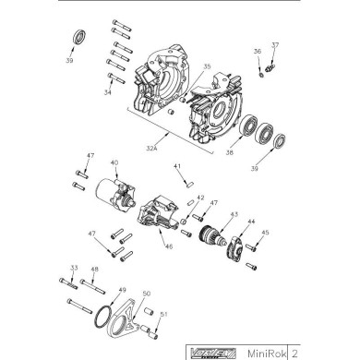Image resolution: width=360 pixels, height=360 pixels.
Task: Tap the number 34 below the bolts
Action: click(x=110, y=92)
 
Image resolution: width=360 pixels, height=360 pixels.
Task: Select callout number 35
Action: click(x=208, y=66)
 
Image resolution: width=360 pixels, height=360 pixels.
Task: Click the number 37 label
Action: click(x=275, y=44)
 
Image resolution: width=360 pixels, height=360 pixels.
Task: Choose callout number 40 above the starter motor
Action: click(x=114, y=163)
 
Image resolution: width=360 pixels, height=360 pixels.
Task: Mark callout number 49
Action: click(x=121, y=290)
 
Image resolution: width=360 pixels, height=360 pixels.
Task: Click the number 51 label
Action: click(x=164, y=315)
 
